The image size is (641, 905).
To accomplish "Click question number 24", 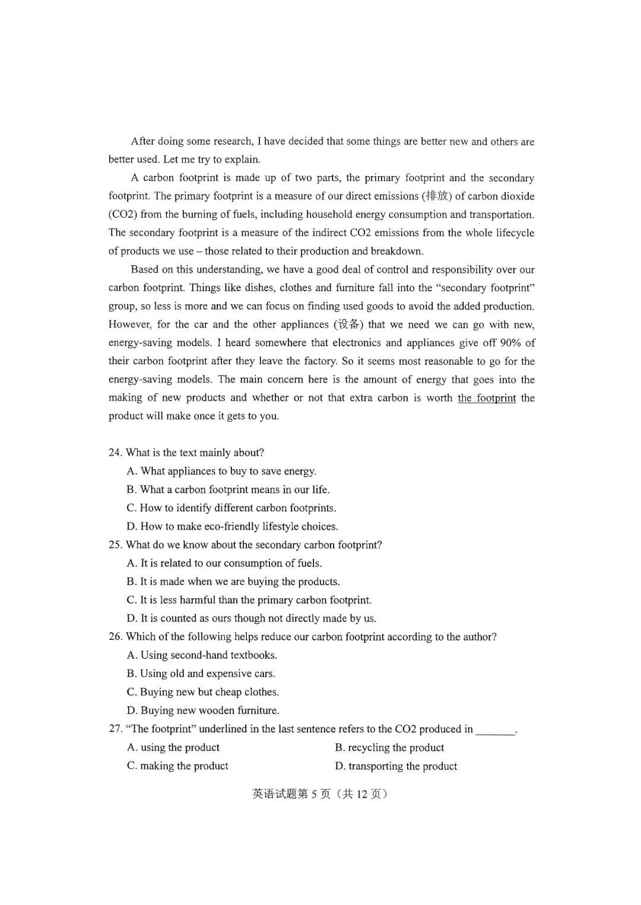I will [x=115, y=452].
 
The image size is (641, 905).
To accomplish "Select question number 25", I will [x=115, y=544].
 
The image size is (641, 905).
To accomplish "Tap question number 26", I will [x=115, y=636].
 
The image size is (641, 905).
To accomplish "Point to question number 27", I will [x=115, y=729].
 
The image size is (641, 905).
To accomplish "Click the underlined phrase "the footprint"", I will [x=486, y=398].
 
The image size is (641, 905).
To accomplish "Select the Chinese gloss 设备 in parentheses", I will [x=347, y=324].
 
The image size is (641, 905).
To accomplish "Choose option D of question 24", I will [x=232, y=526].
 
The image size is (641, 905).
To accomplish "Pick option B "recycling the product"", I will [x=389, y=747].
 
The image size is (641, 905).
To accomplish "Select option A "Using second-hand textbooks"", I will [x=202, y=655].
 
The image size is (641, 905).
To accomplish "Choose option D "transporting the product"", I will [x=396, y=766].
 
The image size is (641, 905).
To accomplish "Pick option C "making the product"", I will [x=177, y=766].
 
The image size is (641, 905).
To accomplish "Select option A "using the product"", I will [x=173, y=747].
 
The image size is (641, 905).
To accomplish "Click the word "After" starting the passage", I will [x=142, y=141].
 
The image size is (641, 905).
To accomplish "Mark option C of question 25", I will [x=249, y=600].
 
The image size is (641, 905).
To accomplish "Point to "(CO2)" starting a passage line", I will [x=123, y=215].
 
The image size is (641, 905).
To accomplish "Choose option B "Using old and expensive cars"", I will [x=201, y=673].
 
